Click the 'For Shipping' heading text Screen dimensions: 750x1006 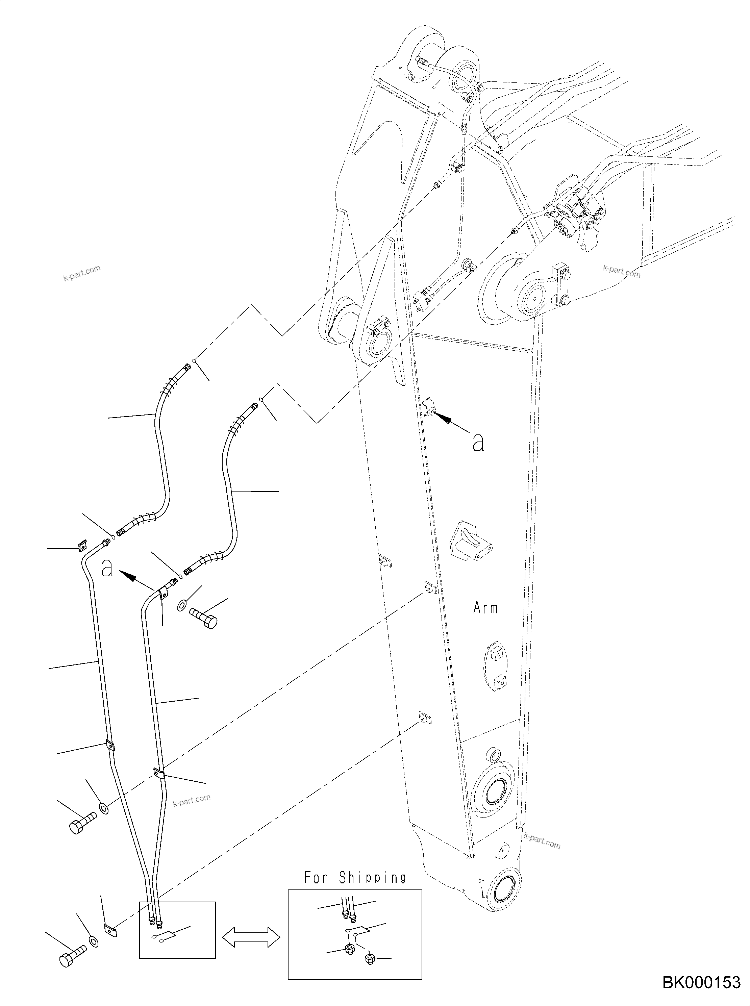point(355,878)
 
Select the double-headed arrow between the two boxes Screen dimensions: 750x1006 point(251,937)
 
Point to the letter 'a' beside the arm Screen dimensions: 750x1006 point(478,442)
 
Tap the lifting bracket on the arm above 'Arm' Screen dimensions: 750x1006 point(470,542)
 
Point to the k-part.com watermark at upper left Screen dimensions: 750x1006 point(82,273)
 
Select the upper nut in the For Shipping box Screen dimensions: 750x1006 point(350,949)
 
